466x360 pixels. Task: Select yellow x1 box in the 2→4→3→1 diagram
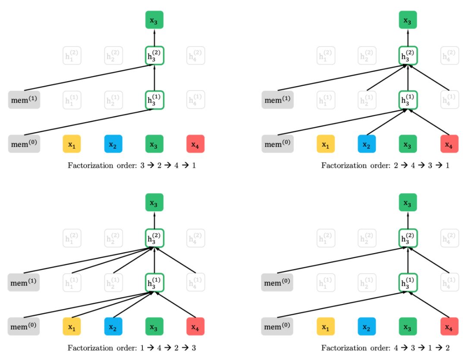pyautogui.click(x=325, y=144)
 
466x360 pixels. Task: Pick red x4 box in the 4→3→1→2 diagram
pyautogui.click(x=449, y=326)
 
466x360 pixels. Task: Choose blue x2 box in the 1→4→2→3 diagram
pyautogui.click(x=113, y=326)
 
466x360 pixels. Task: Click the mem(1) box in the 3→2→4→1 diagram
pyautogui.click(x=24, y=100)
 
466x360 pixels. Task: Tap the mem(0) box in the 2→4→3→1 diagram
pyautogui.click(x=277, y=144)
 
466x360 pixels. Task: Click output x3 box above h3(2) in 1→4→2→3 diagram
pyautogui.click(x=154, y=202)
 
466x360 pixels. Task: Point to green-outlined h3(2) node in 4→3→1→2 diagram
pyautogui.click(x=408, y=238)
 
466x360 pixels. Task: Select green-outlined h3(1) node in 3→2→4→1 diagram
pyautogui.click(x=154, y=100)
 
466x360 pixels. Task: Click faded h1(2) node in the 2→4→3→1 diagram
pyautogui.click(x=325, y=56)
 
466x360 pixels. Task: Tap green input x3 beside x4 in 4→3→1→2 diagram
pyautogui.click(x=408, y=326)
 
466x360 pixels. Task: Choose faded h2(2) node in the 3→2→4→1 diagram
pyautogui.click(x=113, y=56)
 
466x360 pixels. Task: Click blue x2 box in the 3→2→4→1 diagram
pyautogui.click(x=113, y=144)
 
